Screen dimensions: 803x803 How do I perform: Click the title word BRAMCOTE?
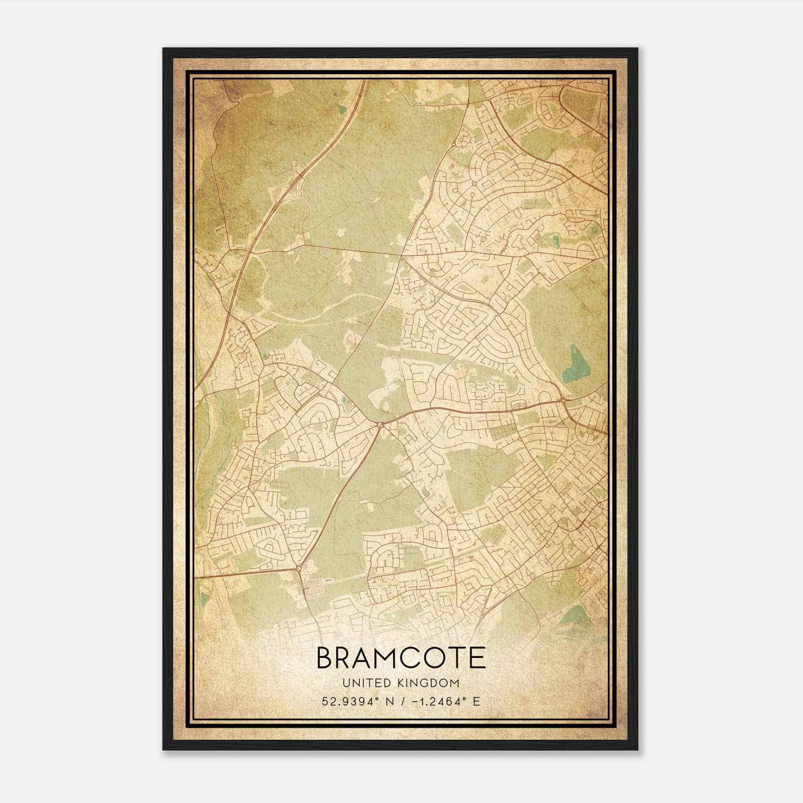point(401,658)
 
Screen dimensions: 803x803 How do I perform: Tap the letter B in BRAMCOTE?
point(325,658)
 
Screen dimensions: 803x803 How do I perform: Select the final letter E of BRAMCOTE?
point(477,658)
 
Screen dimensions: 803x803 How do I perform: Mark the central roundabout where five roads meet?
point(380,426)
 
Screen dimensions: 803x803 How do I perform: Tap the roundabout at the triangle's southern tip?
point(299,568)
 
